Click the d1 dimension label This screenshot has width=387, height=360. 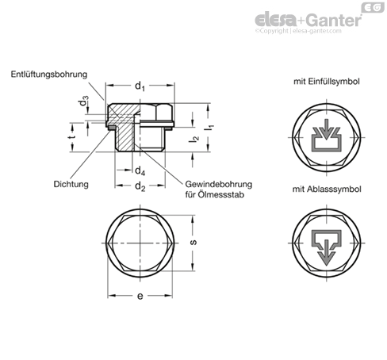click(140, 86)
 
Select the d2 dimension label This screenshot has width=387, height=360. click(140, 186)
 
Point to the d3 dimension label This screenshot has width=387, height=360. click(84, 101)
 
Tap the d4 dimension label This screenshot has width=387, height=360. click(140, 171)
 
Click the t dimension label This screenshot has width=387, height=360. click(73, 136)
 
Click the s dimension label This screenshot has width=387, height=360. click(193, 243)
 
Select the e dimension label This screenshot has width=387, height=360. click(140, 296)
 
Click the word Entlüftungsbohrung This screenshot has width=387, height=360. click(49, 75)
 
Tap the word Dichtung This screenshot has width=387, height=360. click(71, 184)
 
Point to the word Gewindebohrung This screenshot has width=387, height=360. click(218, 184)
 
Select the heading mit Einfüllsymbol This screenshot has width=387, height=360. click(327, 82)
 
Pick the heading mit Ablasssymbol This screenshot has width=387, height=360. click(327, 190)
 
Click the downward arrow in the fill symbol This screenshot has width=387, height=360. click(327, 129)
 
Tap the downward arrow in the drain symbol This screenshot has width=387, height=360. click(327, 253)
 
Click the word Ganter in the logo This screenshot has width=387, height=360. click(335, 20)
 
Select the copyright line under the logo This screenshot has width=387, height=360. click(298, 31)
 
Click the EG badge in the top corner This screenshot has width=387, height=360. click(373, 7)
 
